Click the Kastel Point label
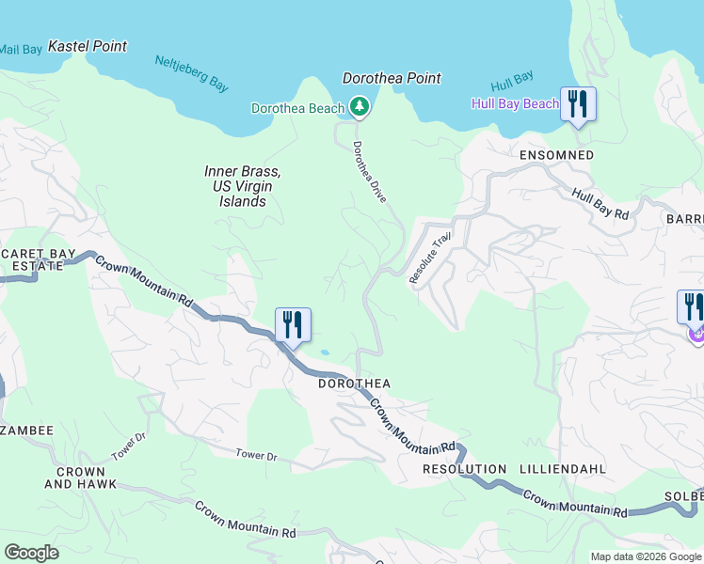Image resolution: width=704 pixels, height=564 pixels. (87, 46)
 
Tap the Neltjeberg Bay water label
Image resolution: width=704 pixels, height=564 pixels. (192, 74)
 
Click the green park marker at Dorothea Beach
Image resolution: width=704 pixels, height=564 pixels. (359, 108)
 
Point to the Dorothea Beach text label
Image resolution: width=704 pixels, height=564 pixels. (297, 108)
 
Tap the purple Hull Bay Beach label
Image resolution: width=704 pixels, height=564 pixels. (515, 103)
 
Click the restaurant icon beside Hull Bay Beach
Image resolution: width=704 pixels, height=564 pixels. (578, 103)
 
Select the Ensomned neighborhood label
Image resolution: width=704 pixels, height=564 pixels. (556, 154)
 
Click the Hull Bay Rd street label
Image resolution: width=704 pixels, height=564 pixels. (600, 204)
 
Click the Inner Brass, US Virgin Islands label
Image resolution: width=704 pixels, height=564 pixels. (243, 186)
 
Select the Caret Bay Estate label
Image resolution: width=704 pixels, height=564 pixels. (31, 258)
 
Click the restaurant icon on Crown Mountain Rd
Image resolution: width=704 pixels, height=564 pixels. (293, 325)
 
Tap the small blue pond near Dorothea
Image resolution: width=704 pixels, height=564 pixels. (325, 352)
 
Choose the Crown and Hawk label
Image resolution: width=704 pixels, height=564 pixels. (80, 478)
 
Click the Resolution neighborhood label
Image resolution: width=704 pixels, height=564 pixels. (465, 468)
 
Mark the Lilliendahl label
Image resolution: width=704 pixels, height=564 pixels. (562, 468)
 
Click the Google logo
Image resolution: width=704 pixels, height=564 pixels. (31, 553)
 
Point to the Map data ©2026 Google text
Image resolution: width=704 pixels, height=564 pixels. (645, 556)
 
